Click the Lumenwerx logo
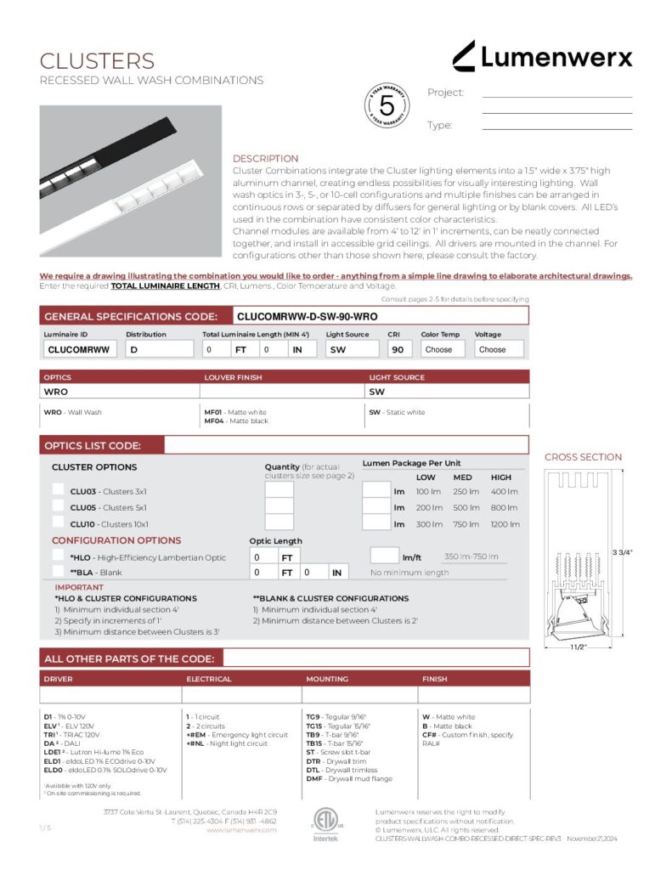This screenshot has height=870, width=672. (x=542, y=57)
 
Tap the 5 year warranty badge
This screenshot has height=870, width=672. (x=387, y=106)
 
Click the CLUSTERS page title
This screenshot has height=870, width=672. (x=98, y=61)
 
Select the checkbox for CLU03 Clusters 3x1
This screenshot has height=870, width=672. (x=58, y=490)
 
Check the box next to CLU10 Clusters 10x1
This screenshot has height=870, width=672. (x=58, y=523)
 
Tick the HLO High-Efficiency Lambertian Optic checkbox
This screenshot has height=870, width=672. (x=58, y=556)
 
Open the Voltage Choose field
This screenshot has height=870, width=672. (x=499, y=349)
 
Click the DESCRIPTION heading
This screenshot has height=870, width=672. (x=265, y=159)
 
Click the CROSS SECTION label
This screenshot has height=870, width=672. (x=583, y=457)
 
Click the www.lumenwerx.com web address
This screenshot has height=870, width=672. (x=241, y=830)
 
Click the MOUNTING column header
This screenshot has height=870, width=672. (x=327, y=679)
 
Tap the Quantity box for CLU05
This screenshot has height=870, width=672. (x=280, y=507)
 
